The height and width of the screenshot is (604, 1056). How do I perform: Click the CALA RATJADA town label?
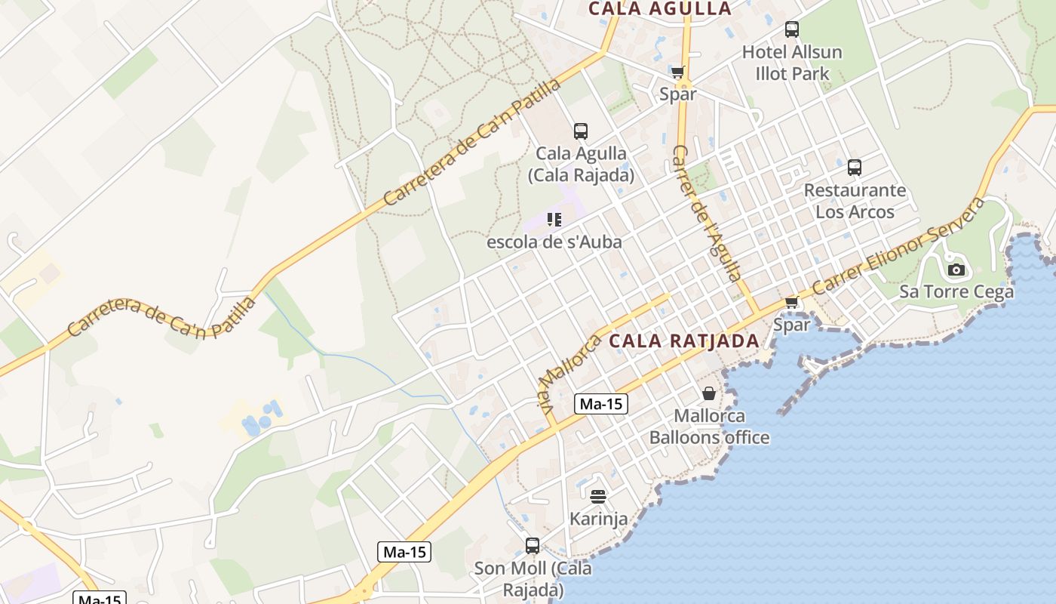pos(683,341)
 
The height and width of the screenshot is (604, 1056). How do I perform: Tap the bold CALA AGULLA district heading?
pos(660,9)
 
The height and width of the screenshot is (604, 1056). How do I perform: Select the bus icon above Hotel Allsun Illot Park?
pos(791,29)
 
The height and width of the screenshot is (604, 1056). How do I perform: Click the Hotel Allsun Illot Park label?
pos(792,63)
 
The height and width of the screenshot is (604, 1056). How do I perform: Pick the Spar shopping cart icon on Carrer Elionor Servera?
pos(791,303)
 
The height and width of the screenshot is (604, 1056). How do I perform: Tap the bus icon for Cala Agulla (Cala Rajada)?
pos(580,131)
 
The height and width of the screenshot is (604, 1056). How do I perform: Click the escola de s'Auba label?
pos(554,242)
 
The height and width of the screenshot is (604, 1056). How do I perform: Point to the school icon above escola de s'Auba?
pos(554,220)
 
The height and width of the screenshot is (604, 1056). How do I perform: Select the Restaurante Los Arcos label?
pos(855,201)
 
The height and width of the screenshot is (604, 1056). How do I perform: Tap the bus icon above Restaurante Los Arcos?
pos(854,168)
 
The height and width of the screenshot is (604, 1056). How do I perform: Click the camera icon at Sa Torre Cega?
pos(956,270)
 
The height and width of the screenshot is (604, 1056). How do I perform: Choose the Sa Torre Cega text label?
pos(956,291)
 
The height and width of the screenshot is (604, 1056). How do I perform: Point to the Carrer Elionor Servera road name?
pos(898,247)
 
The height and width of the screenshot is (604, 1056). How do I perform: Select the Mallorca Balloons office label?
pos(709,427)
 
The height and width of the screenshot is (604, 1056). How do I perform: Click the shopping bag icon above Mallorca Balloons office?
pos(709,393)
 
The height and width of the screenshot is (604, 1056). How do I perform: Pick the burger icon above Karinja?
pos(598,497)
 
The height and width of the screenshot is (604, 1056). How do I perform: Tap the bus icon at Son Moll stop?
pos(533,546)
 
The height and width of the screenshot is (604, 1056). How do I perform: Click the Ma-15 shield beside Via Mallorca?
pos(601,404)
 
